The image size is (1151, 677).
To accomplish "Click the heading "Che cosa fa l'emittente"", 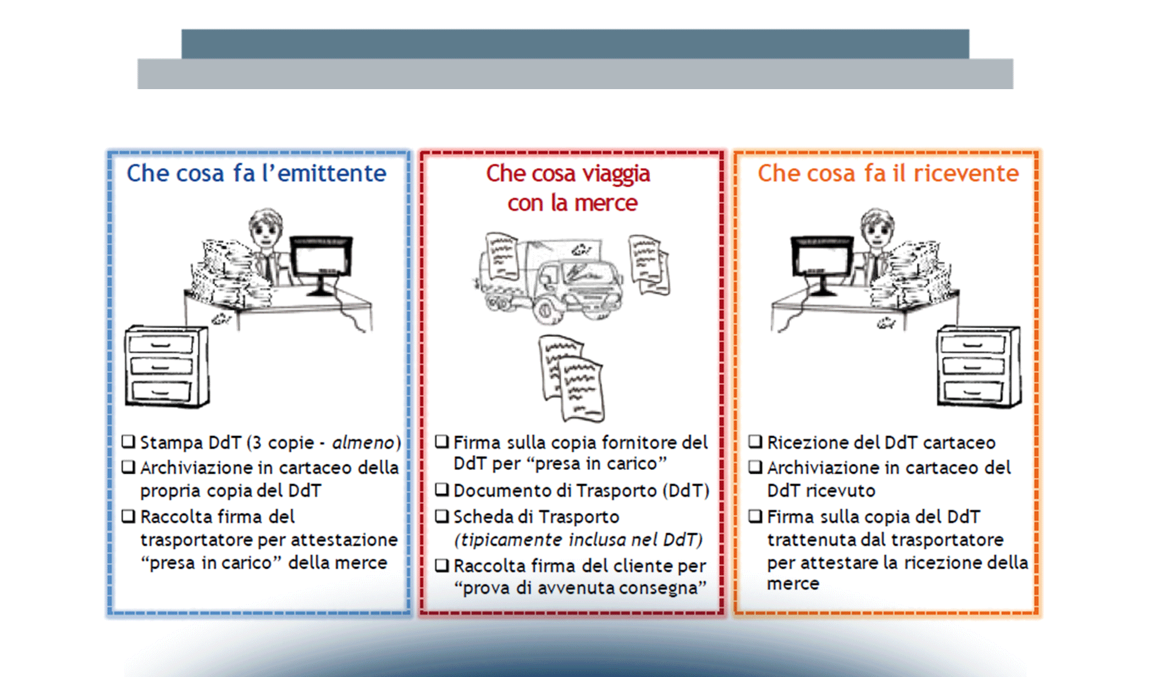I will pos(256,173).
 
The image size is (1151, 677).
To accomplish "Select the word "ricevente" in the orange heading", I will pos(966,173).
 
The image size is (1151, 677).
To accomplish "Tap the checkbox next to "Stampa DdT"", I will pos(129,441).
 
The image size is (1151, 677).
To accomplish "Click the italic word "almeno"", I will pos(363,443).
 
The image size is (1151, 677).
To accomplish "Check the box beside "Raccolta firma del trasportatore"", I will pos(129,516).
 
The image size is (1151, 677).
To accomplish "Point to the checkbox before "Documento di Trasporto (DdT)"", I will pos(442,490).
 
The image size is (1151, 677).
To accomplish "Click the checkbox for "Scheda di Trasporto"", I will pos(442,516).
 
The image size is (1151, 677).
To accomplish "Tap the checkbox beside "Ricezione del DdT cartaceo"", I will pos(755,441).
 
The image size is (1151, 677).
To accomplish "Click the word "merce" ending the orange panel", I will pos(793,584).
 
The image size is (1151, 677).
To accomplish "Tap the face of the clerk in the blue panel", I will pos(265,228).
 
